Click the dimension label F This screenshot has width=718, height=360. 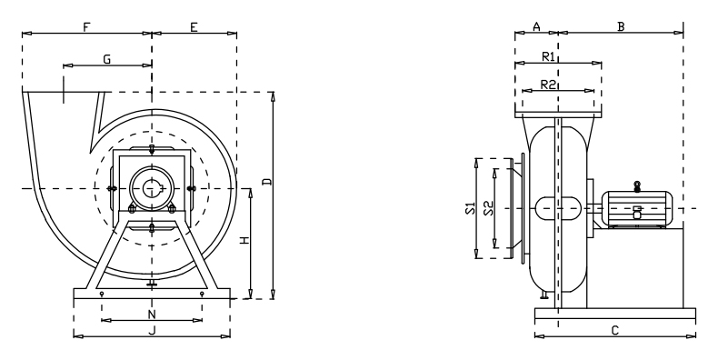coord(86,27)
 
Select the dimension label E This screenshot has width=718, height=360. coord(194,27)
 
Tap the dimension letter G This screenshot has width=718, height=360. coord(106,59)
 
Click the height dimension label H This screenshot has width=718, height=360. coord(245,239)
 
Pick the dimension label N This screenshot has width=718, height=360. coord(152,315)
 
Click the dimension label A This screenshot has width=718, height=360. coord(536,27)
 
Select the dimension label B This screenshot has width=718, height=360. coord(621,27)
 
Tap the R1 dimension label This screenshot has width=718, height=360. coord(549,56)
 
